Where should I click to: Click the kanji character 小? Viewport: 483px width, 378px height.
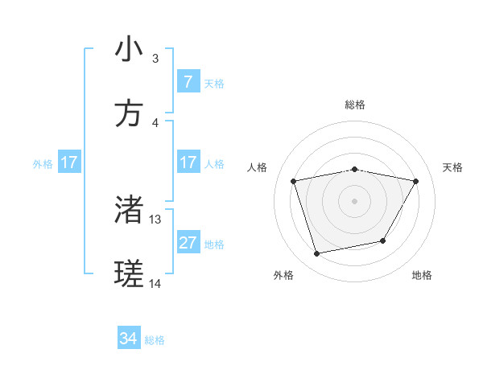tap(129, 50)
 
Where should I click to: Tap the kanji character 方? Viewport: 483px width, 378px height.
tap(129, 114)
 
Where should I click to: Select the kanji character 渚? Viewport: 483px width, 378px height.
tap(129, 211)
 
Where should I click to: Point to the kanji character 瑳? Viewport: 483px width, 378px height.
tap(129, 275)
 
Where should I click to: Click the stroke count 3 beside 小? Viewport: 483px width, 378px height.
tap(155, 59)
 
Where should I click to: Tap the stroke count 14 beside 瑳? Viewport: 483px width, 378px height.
tap(155, 284)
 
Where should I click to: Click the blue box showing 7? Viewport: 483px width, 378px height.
tap(188, 82)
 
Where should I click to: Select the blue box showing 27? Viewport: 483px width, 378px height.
tap(188, 243)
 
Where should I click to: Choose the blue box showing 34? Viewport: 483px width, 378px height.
tap(129, 339)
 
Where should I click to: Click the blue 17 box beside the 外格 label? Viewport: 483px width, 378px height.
tap(69, 162)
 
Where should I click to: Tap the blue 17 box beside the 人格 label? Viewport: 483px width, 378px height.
tap(188, 162)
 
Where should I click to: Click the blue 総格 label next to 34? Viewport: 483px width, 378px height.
tap(155, 340)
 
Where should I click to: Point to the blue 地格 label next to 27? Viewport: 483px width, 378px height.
tap(214, 244)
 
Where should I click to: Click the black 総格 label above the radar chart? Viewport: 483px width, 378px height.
tap(355, 105)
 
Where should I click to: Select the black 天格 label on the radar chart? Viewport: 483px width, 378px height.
tap(453, 167)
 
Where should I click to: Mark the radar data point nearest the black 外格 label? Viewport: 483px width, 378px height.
tap(317, 254)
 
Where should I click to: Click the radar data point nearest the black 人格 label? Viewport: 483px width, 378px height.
tap(294, 181)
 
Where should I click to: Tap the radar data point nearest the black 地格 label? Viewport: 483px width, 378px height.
tap(383, 240)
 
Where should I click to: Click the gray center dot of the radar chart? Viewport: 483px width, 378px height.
tap(355, 201)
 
